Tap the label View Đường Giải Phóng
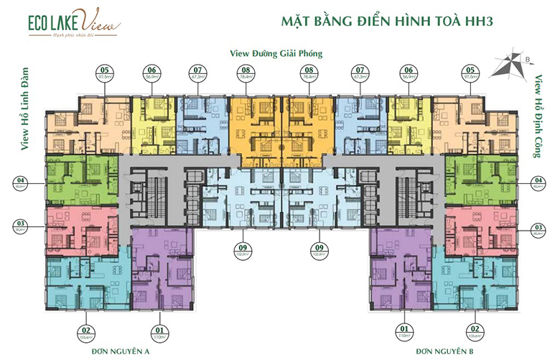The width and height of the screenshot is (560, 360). pyautogui.click(x=276, y=53)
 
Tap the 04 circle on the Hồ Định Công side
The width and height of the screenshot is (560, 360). pyautogui.click(x=538, y=181)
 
